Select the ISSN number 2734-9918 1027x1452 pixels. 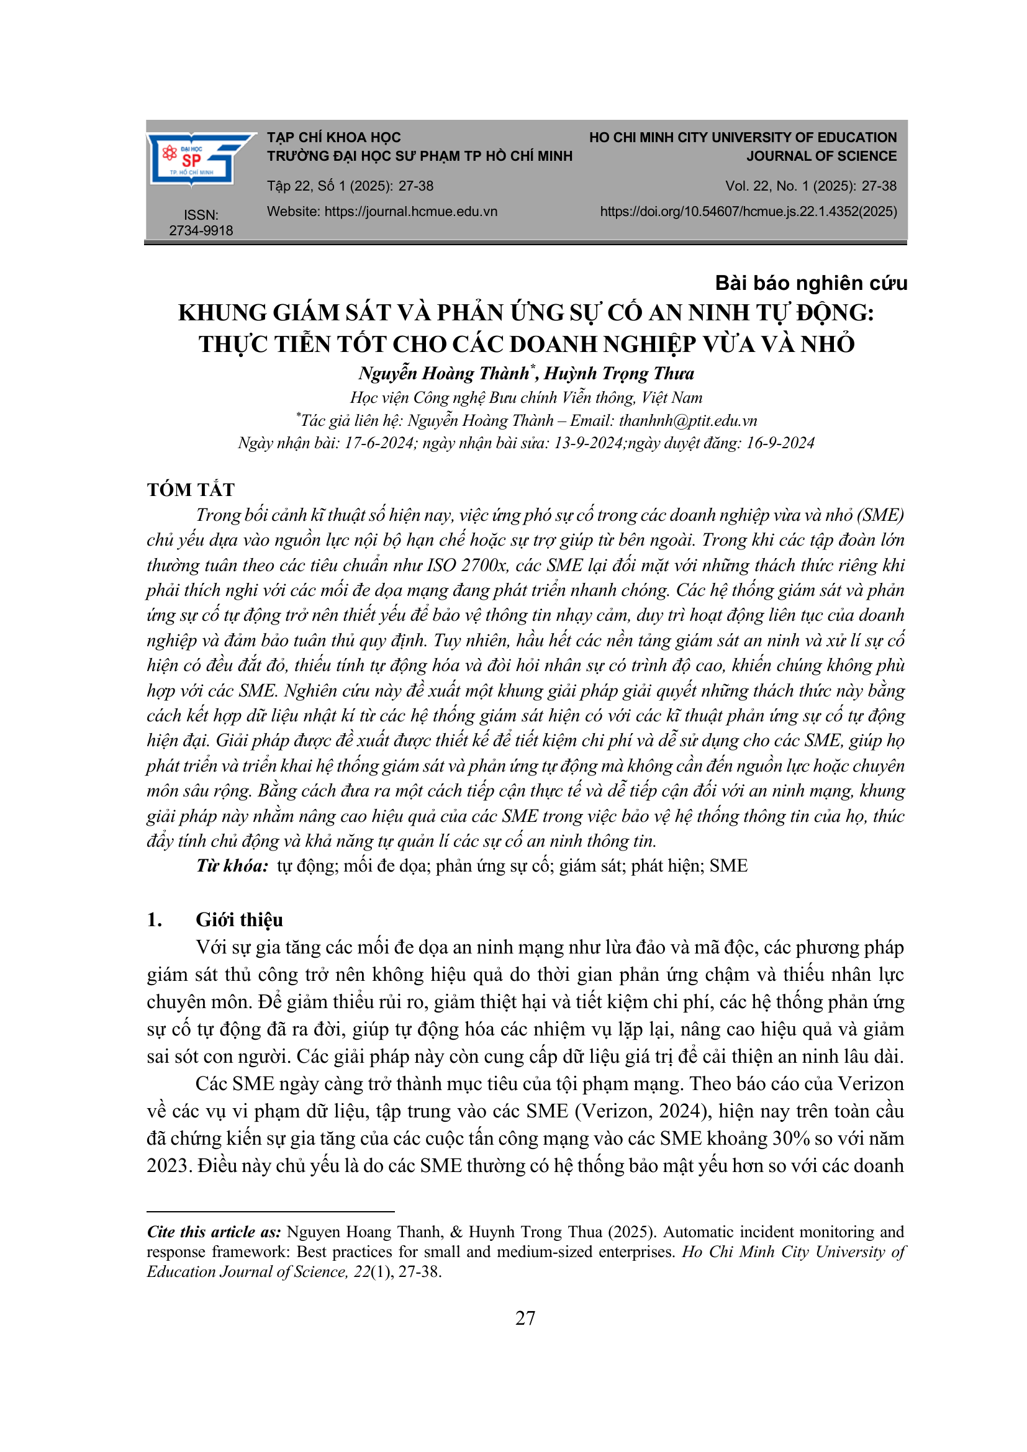coord(201,230)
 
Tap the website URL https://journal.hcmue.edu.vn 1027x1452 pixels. coord(410,211)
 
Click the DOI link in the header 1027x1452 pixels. coord(748,211)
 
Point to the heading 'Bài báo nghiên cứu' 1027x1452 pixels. coord(811,282)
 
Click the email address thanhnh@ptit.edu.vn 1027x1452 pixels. coord(687,420)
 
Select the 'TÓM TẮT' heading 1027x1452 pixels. coord(191,489)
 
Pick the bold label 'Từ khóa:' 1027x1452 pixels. coord(232,866)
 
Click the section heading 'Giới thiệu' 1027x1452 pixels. coord(239,919)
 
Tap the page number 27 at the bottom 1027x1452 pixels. coord(525,1319)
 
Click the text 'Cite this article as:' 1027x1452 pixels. coord(214,1232)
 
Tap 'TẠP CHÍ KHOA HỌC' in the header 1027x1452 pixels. coord(333,137)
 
